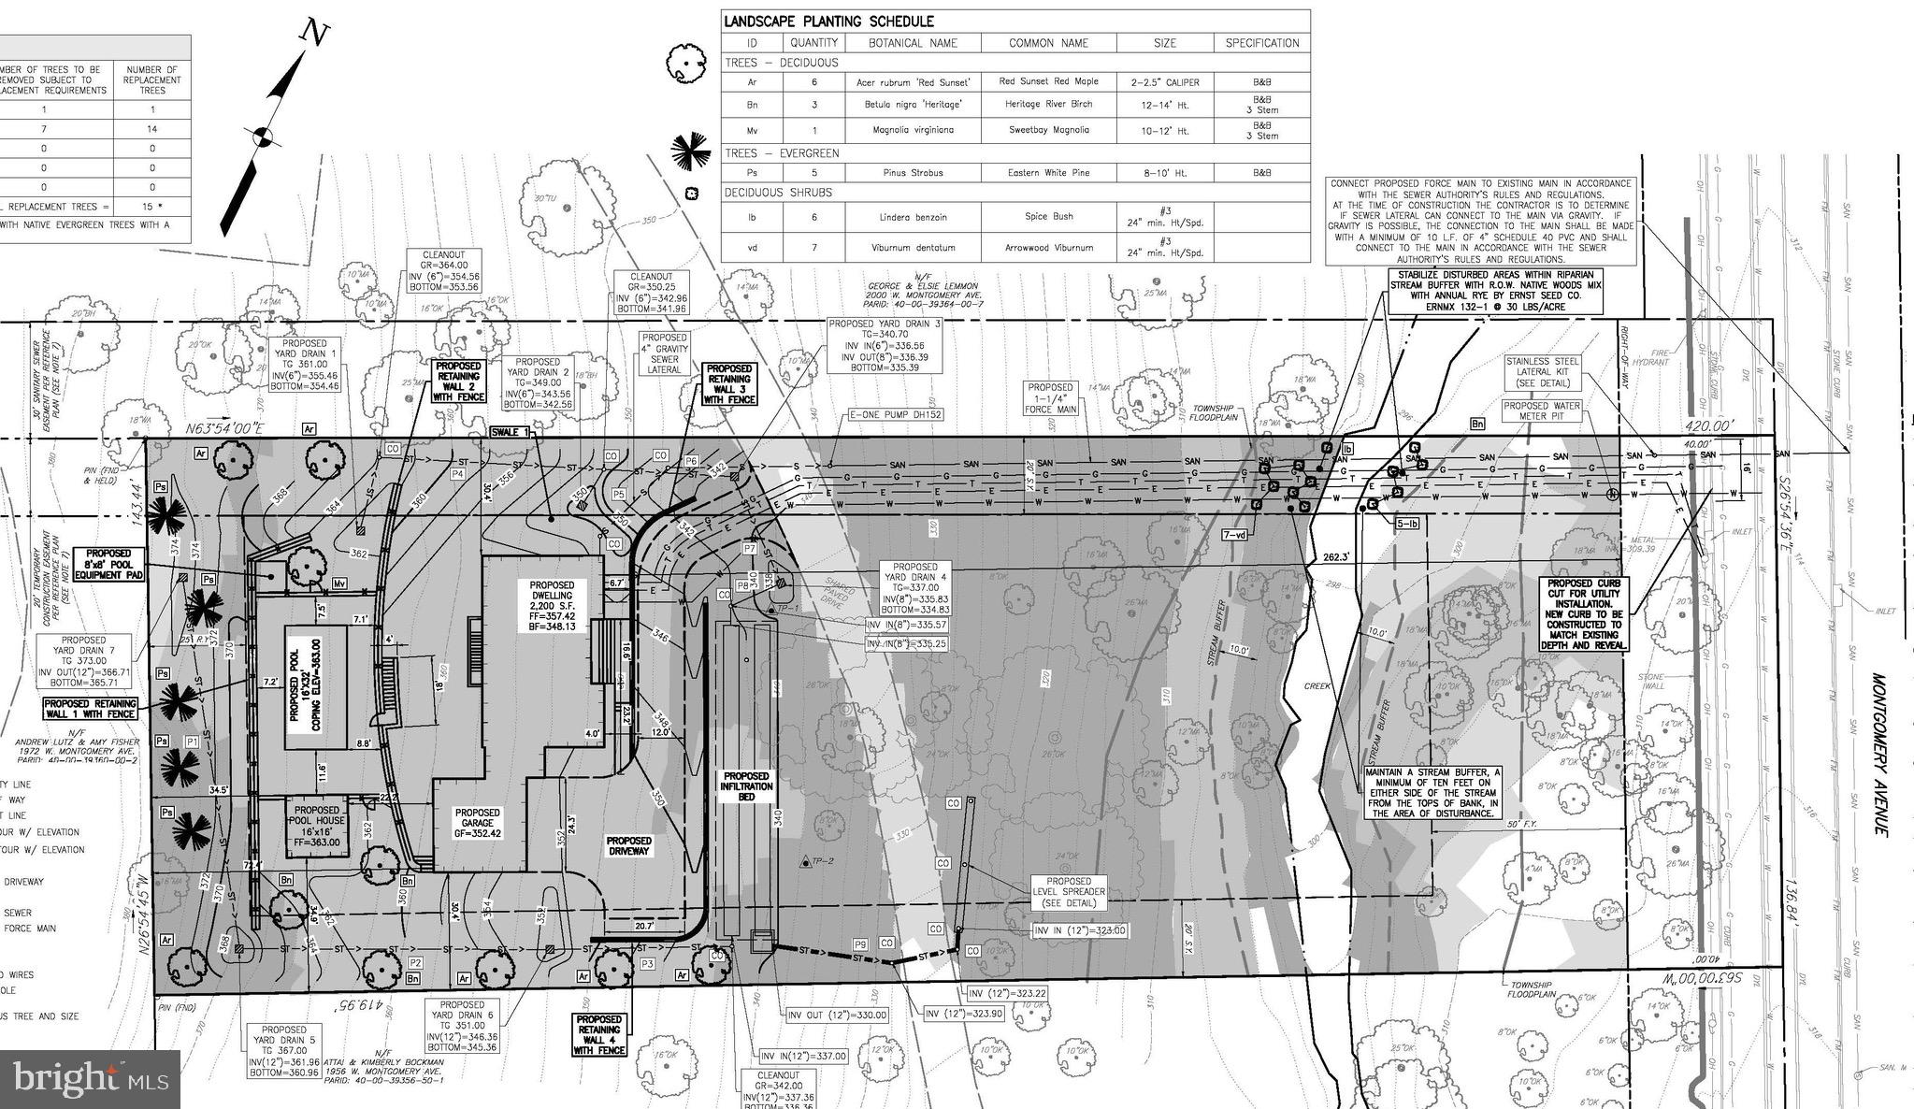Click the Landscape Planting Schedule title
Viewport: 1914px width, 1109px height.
pyautogui.click(x=828, y=22)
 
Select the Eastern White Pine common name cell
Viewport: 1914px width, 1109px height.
pyautogui.click(x=1048, y=173)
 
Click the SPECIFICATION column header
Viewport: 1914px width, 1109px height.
pyautogui.click(x=1261, y=43)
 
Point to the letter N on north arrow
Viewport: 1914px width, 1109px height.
pyautogui.click(x=315, y=34)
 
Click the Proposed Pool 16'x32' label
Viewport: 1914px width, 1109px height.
pyautogui.click(x=316, y=685)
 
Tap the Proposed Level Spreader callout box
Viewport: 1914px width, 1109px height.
pyautogui.click(x=1068, y=892)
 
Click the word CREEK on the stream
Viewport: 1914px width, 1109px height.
pyautogui.click(x=1317, y=685)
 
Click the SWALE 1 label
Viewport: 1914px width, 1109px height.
pyautogui.click(x=511, y=432)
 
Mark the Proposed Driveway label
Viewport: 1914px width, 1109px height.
pyautogui.click(x=628, y=846)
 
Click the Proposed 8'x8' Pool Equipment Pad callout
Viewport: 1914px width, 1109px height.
pyautogui.click(x=108, y=564)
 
